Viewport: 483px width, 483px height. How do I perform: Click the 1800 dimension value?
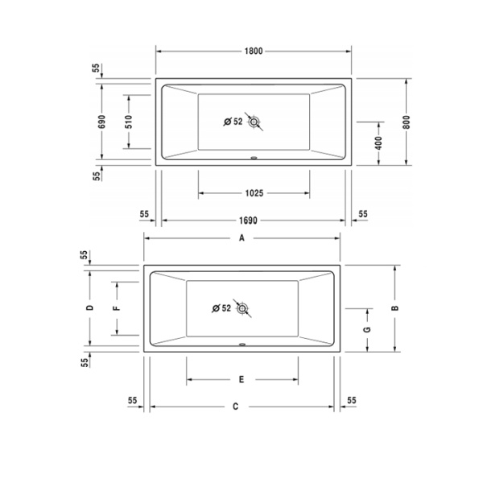[x=254, y=52]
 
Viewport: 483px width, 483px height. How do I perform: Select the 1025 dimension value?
[x=254, y=193]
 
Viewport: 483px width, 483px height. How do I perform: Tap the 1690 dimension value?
[x=248, y=221]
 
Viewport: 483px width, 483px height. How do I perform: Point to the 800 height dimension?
[x=407, y=122]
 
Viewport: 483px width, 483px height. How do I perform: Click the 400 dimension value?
[x=379, y=143]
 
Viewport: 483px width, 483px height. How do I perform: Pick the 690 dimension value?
[x=102, y=122]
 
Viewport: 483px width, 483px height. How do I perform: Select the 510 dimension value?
[x=129, y=122]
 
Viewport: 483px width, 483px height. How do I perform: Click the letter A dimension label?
[x=242, y=238]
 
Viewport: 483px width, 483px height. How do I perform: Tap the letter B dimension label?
[x=395, y=308]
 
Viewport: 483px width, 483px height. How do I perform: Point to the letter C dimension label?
[x=236, y=407]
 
